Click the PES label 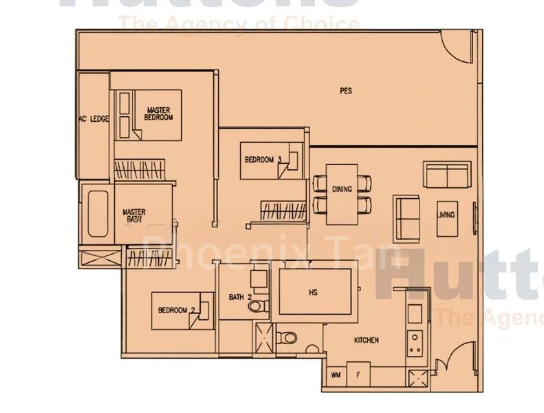[346, 90]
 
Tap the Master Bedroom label [158, 114]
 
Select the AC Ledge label [94, 119]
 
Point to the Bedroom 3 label [263, 160]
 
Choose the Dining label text [342, 189]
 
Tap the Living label [446, 215]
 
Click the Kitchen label [366, 341]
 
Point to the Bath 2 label [240, 297]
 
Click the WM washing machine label [336, 375]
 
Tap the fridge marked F [358, 375]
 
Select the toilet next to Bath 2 [288, 337]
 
